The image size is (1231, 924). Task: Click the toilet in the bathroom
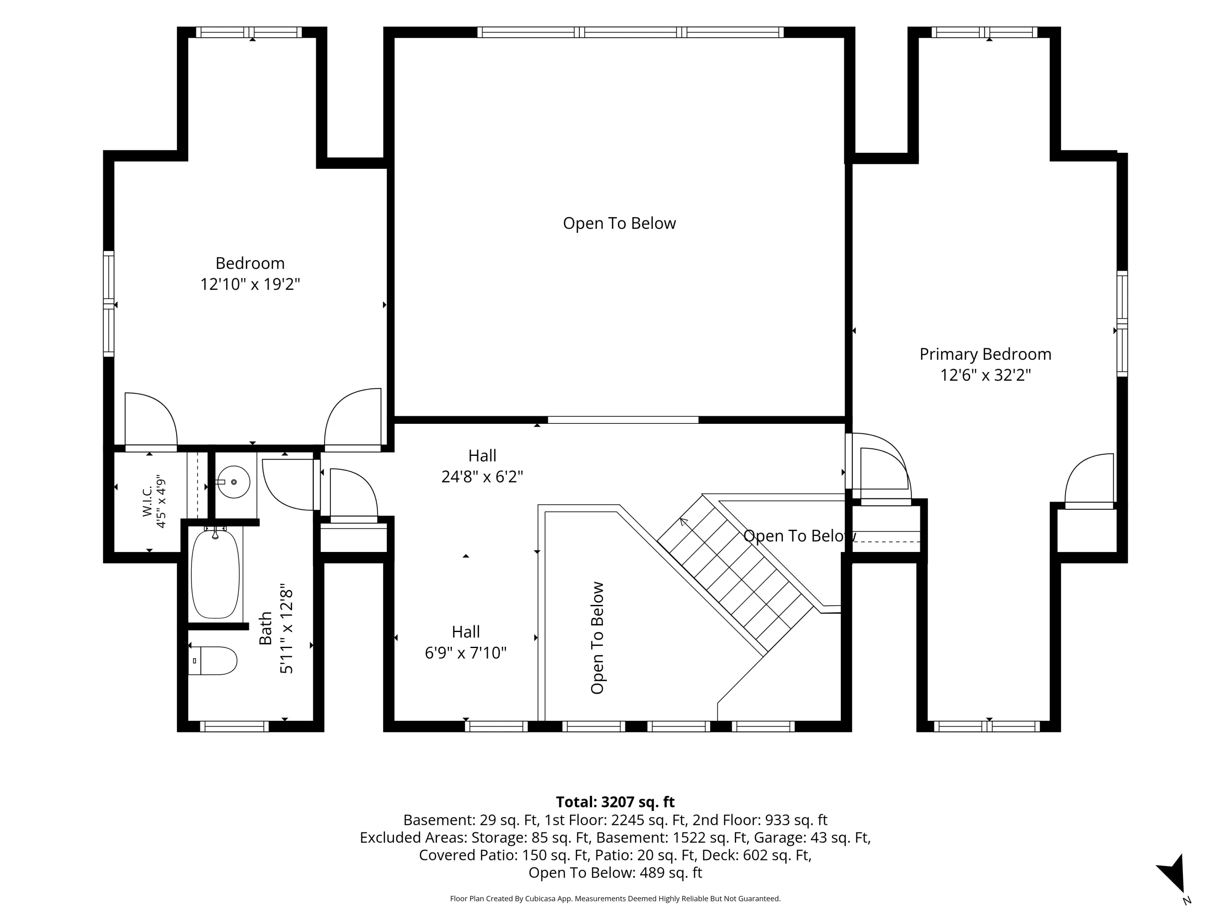[x=213, y=660]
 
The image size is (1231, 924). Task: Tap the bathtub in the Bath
[x=215, y=574]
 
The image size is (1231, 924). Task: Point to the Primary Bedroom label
[x=985, y=354]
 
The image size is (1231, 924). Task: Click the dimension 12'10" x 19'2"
[x=250, y=284]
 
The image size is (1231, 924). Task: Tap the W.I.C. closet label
[x=147, y=501]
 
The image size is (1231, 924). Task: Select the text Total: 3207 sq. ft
[x=615, y=802]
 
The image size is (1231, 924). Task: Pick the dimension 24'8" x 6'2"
[x=482, y=477]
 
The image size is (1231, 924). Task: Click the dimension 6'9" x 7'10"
[x=465, y=653]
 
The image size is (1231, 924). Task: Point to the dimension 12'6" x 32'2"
[x=985, y=375]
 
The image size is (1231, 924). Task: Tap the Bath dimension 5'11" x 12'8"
[x=286, y=628]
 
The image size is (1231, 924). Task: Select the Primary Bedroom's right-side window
[x=1122, y=324]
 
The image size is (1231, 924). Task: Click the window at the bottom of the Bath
[x=234, y=726]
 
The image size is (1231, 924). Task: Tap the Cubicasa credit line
[x=615, y=899]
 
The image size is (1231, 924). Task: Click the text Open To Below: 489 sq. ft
[x=615, y=872]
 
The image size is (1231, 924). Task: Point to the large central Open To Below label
[x=619, y=223]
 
